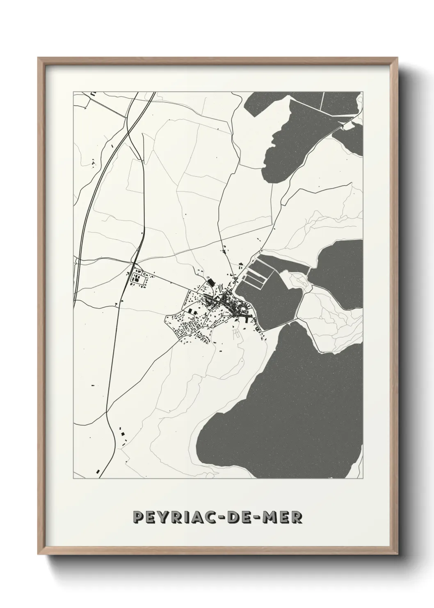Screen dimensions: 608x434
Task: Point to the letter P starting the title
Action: tap(138, 517)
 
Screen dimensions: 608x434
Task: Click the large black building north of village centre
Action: tap(211, 282)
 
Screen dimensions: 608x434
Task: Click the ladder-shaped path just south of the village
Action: tap(237, 334)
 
